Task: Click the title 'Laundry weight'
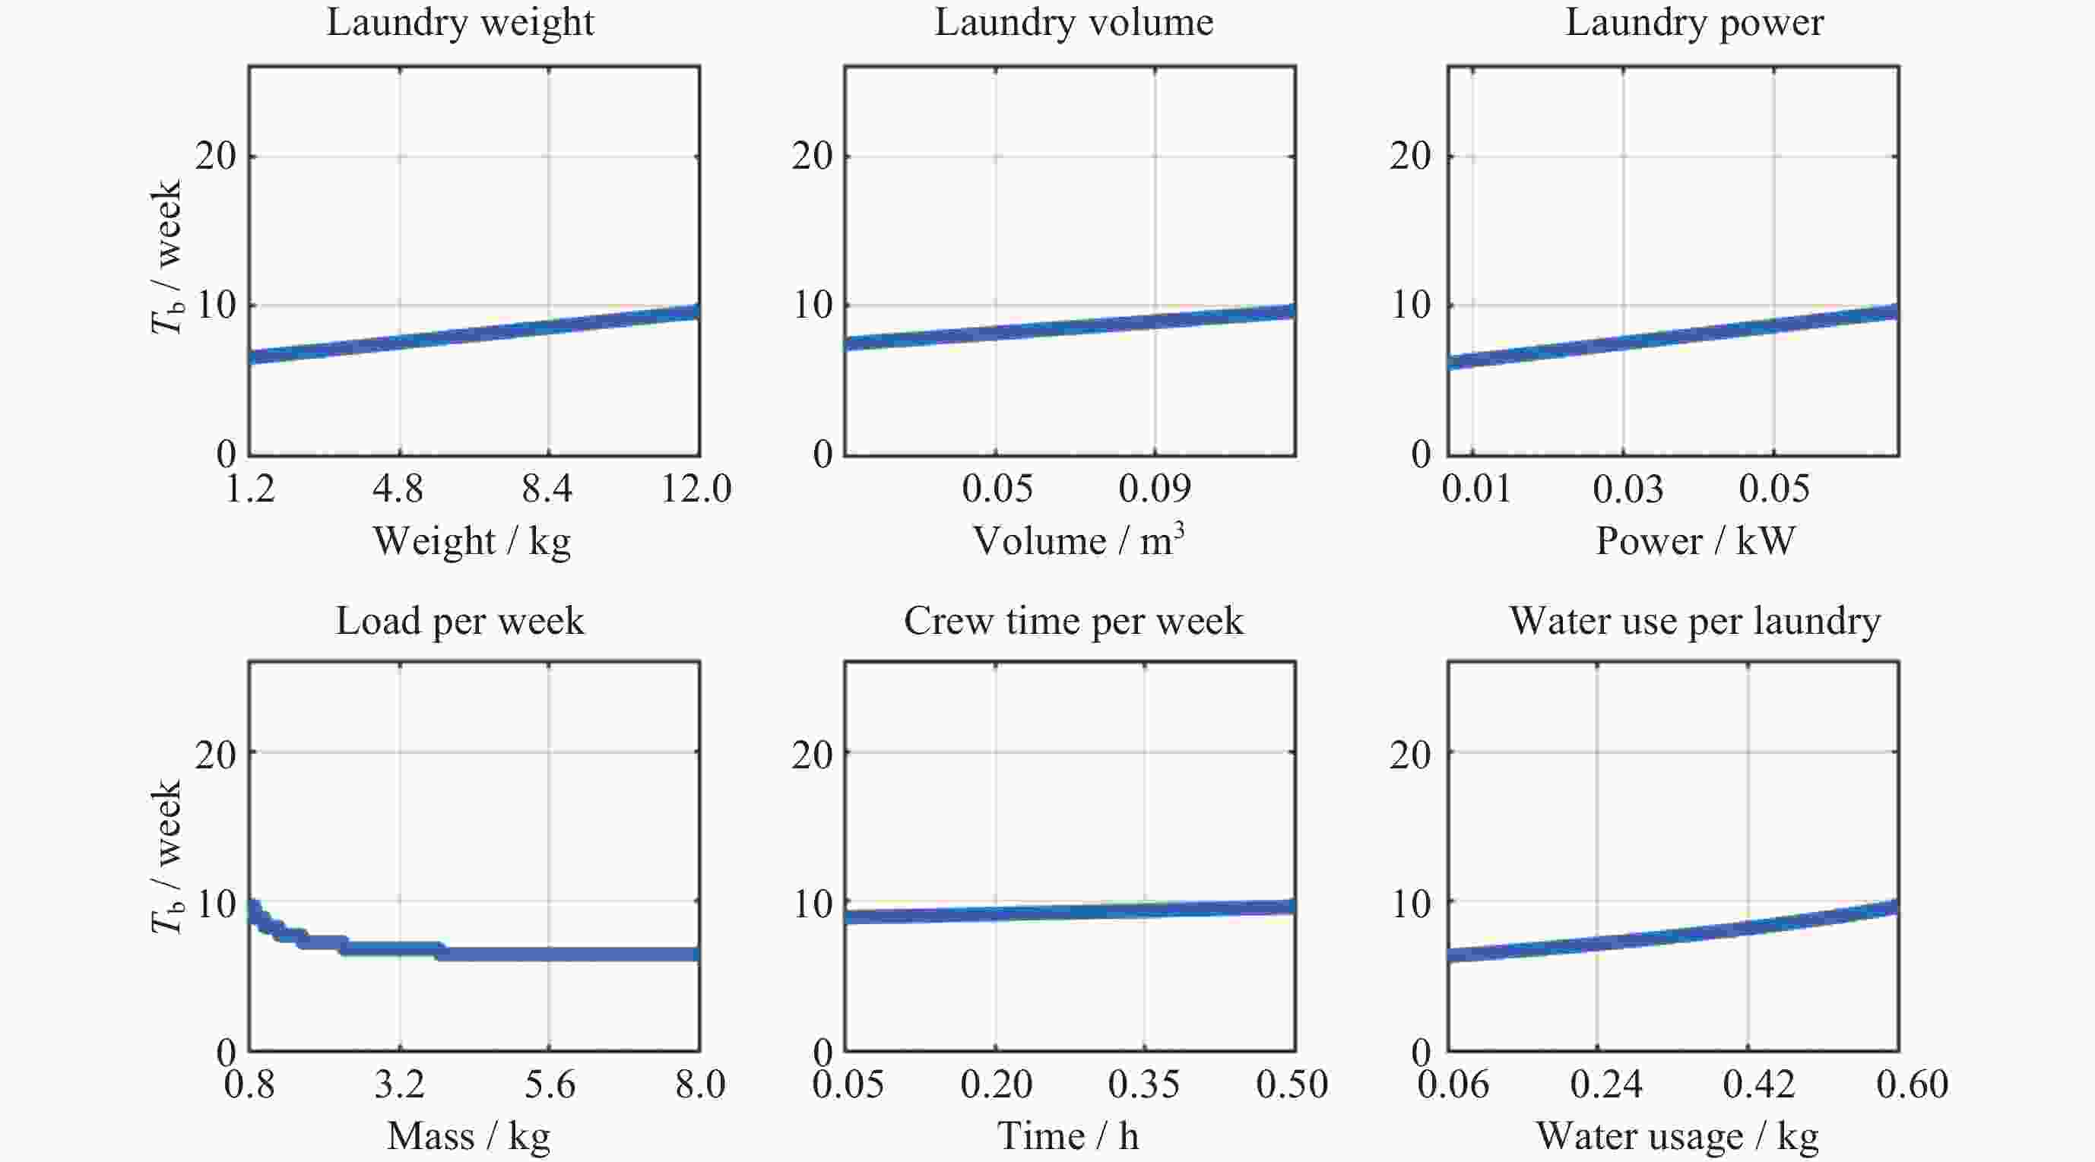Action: point(461,23)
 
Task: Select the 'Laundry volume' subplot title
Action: point(1073,23)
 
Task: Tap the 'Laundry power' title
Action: point(1694,23)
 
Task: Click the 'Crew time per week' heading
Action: point(1073,621)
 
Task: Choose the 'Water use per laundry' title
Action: point(1695,621)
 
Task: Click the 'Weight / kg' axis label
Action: point(472,542)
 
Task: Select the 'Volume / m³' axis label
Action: point(1079,541)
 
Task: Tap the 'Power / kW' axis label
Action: point(1695,542)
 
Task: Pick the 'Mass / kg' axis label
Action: point(468,1136)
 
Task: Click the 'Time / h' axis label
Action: point(1068,1136)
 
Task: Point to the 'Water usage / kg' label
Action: point(1677,1136)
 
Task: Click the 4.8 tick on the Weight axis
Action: point(398,489)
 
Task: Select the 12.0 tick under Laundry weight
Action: point(696,489)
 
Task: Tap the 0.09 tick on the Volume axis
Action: point(1154,489)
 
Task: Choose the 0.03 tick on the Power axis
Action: point(1628,489)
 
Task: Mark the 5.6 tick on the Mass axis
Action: point(549,1084)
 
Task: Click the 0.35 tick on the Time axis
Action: point(1143,1084)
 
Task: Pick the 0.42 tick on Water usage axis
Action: point(1758,1084)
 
